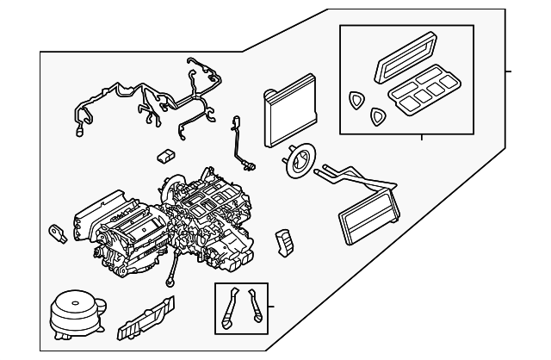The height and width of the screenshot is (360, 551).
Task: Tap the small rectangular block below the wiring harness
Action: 166,156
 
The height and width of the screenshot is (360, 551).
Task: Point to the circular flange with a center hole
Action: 297,162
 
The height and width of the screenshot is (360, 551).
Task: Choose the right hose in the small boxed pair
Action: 256,307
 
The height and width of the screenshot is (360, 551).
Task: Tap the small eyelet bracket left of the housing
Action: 57,232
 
